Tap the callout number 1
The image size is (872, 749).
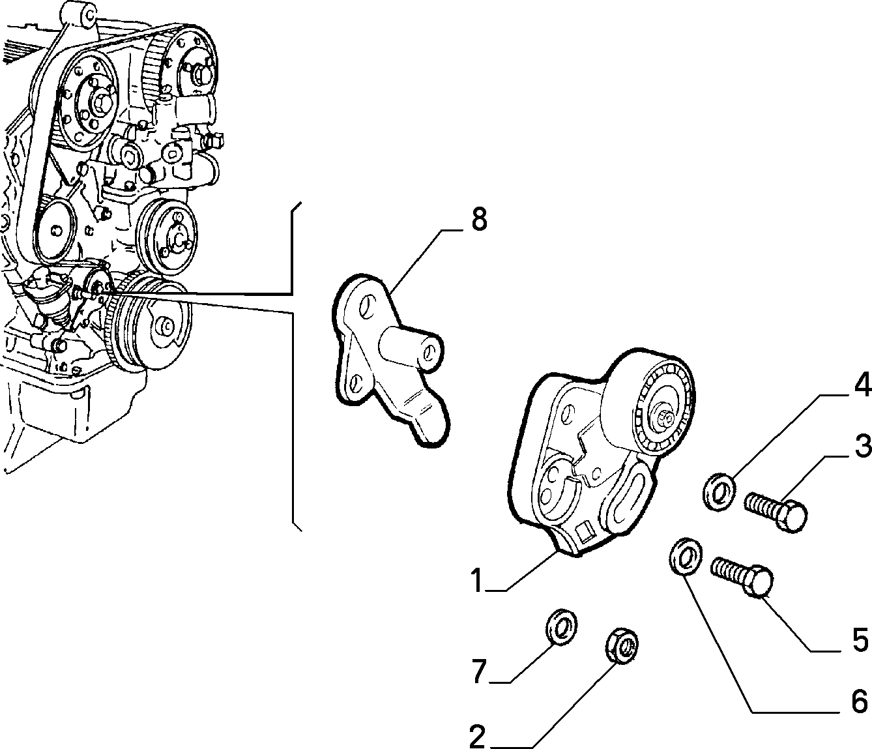pyautogui.click(x=476, y=581)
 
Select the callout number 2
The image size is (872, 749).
pyautogui.click(x=477, y=737)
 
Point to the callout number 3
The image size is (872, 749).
pyautogui.click(x=860, y=447)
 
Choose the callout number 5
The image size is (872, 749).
pyautogui.click(x=860, y=639)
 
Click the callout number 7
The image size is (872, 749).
pyautogui.click(x=478, y=671)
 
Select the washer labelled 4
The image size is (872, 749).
pyautogui.click(x=719, y=492)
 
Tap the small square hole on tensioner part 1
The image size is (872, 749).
pyautogui.click(x=585, y=533)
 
